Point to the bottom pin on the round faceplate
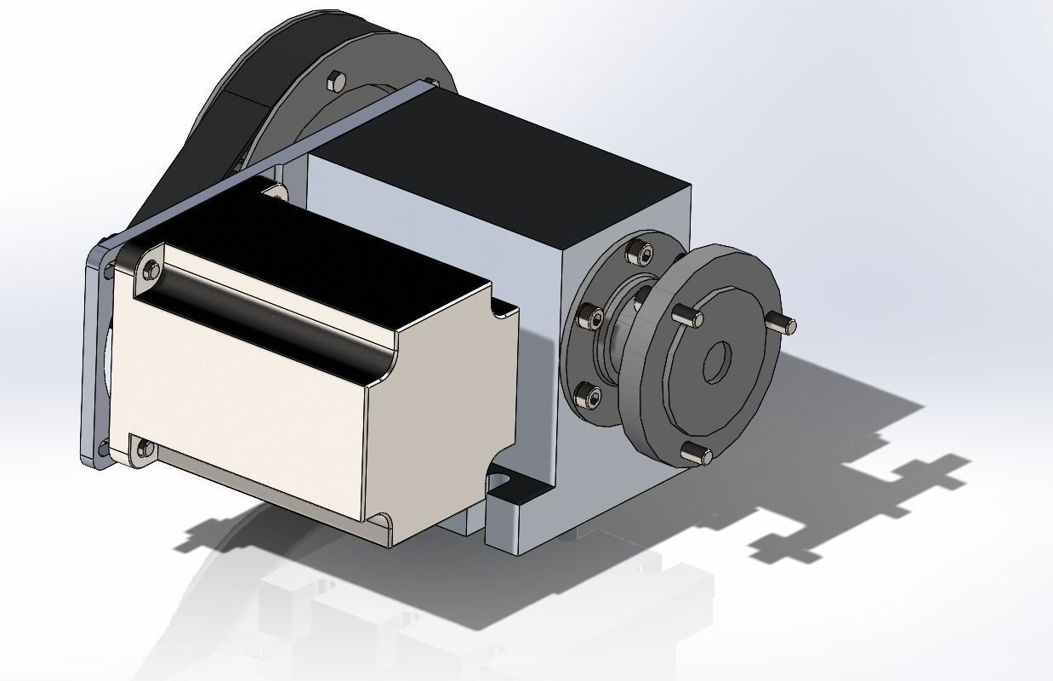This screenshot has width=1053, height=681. (698, 455)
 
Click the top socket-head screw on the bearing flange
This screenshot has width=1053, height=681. (640, 253)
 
